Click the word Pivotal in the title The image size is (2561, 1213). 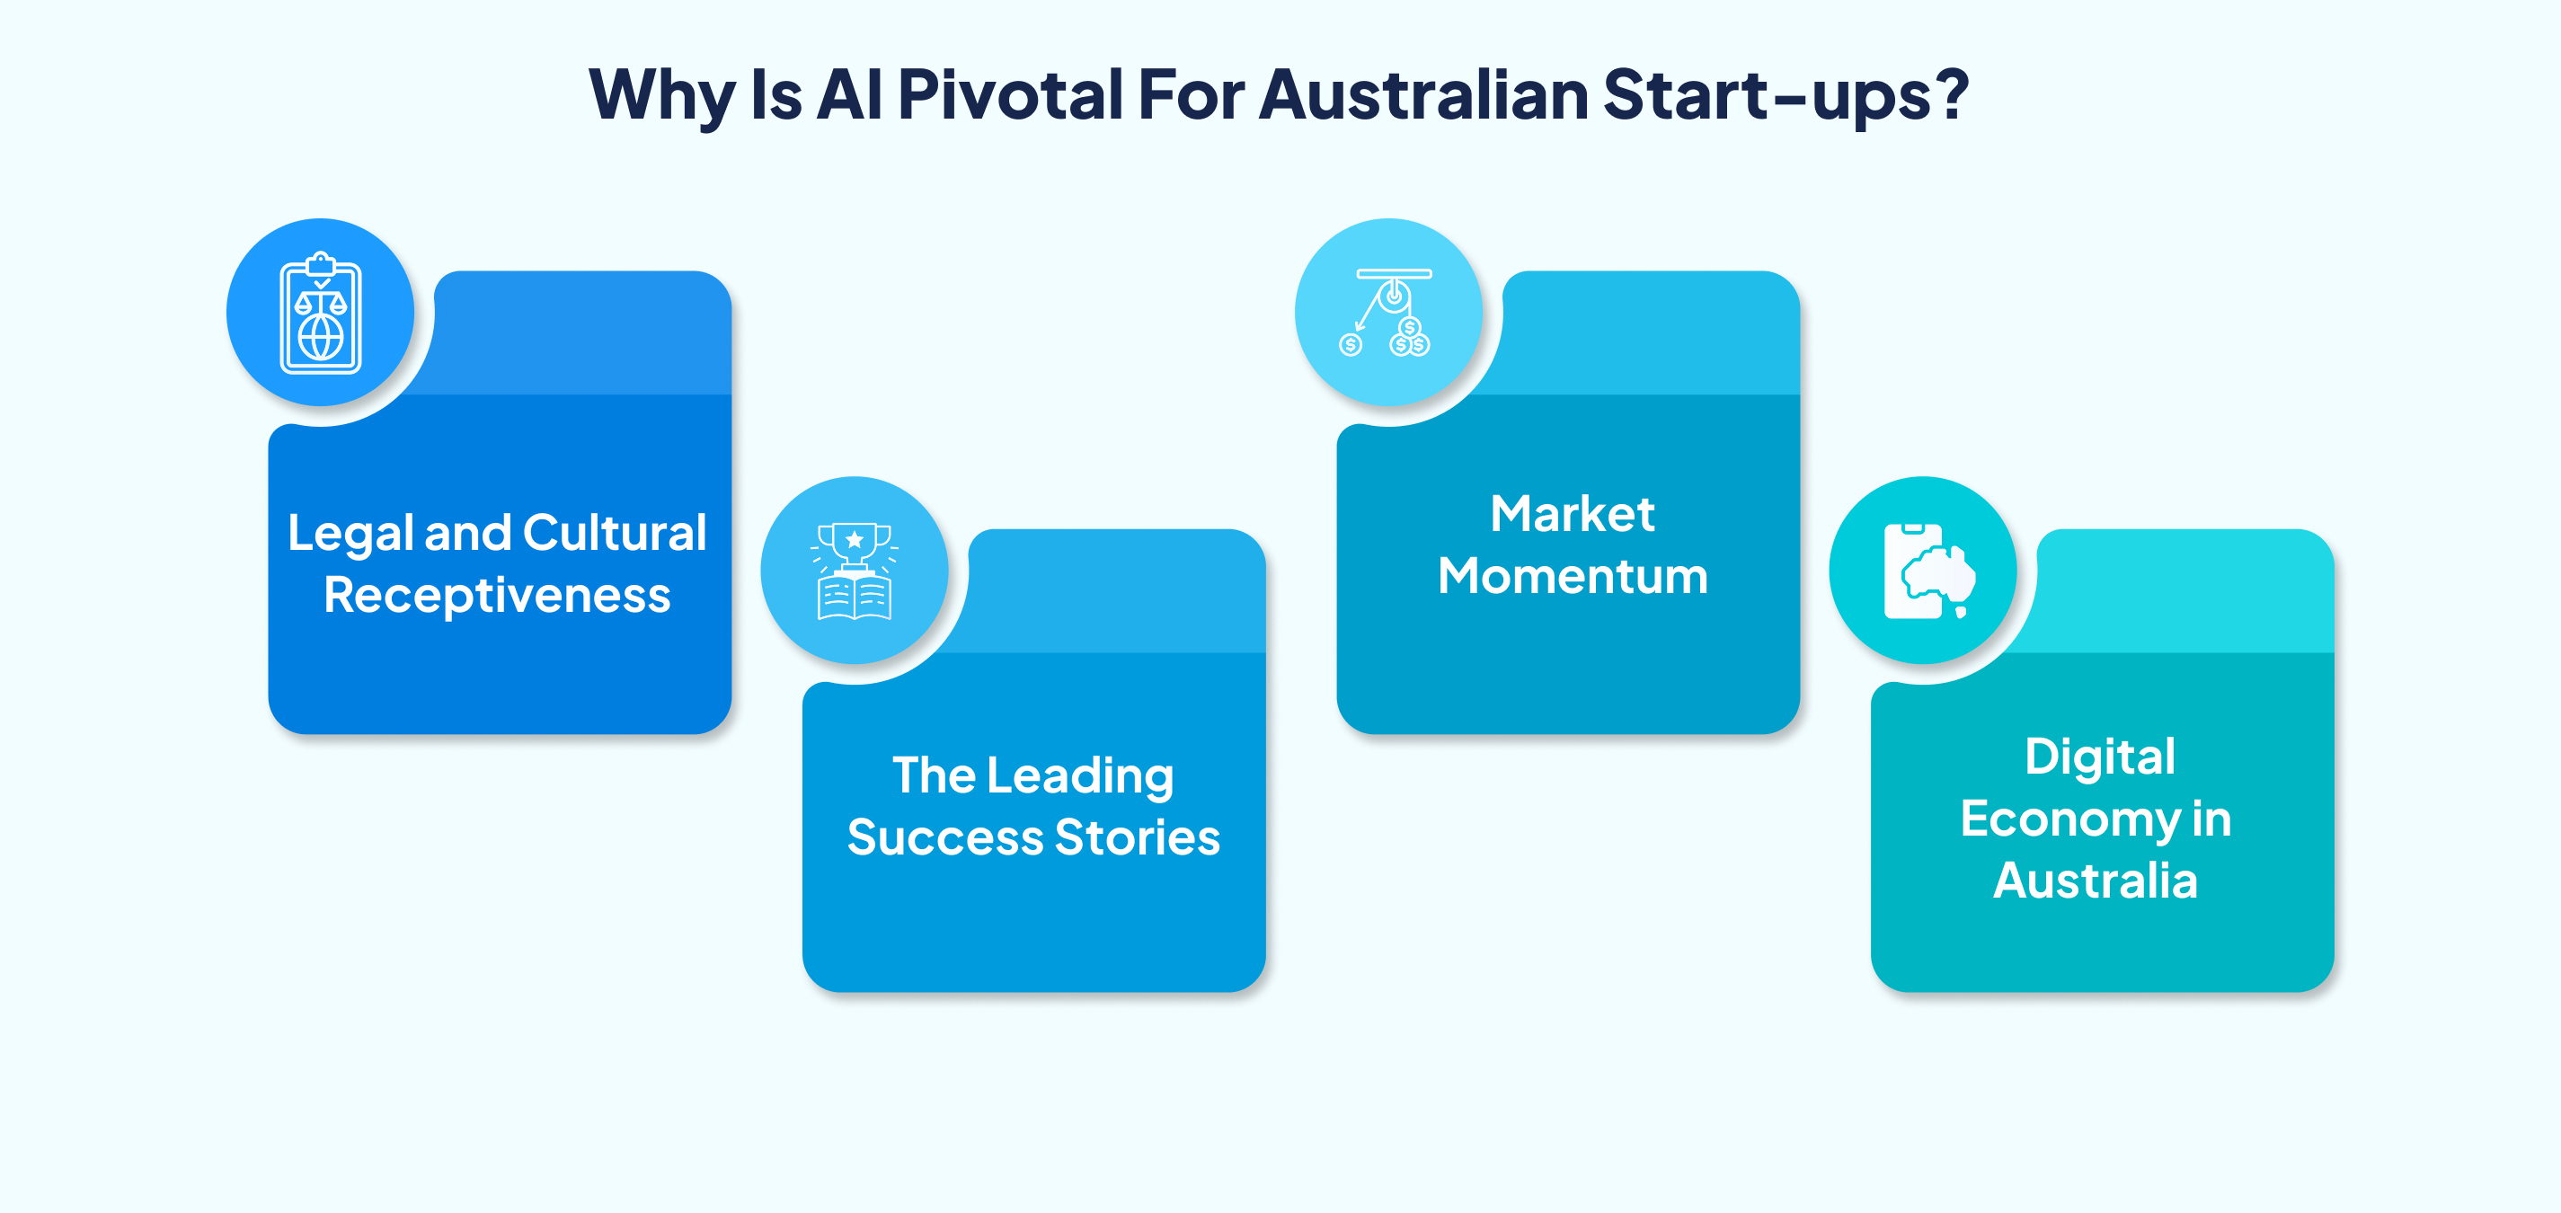[x=1009, y=95]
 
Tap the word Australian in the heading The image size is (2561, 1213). [x=1423, y=95]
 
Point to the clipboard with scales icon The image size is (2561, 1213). [x=320, y=314]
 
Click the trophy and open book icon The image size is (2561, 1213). [x=854, y=571]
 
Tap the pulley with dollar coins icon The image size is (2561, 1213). [x=1389, y=312]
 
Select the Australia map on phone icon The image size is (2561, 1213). [x=1928, y=571]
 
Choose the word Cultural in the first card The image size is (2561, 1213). [x=615, y=533]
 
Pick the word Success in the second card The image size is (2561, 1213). [x=944, y=838]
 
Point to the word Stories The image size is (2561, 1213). [x=1138, y=838]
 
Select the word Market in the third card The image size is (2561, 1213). [x=1572, y=515]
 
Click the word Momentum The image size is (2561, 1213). [x=1573, y=577]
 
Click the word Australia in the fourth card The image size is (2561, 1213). [x=2096, y=881]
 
